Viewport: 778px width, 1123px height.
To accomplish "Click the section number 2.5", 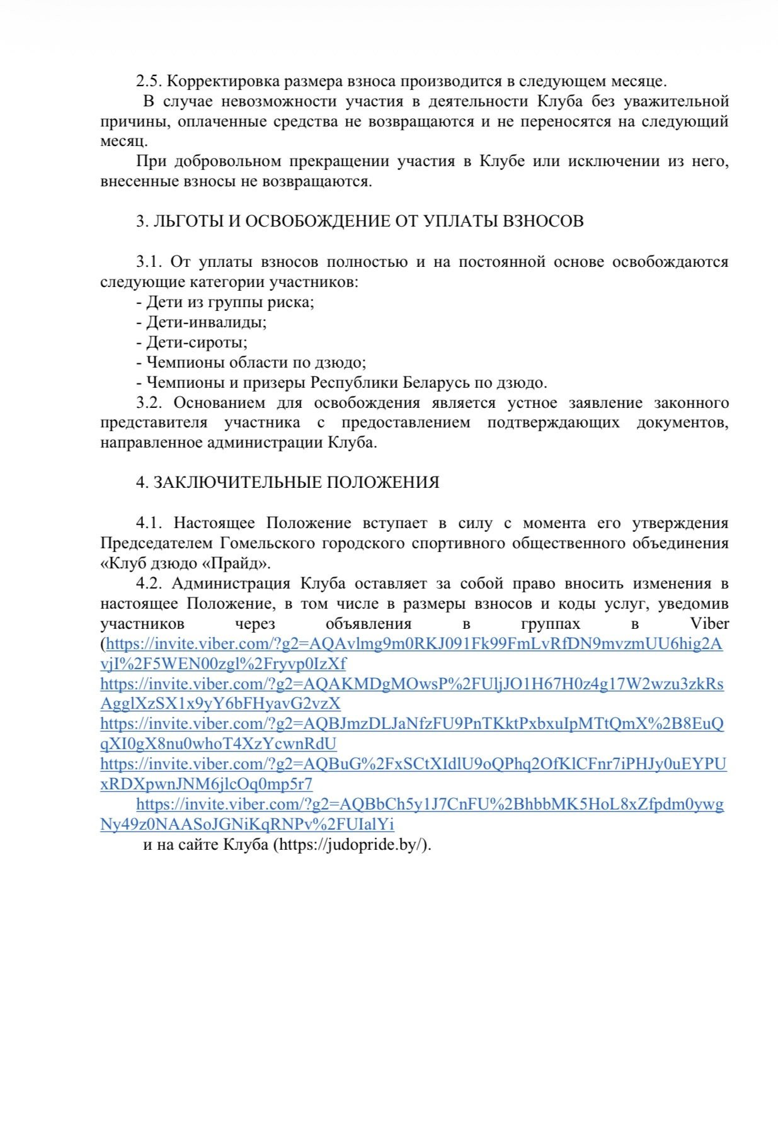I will (149, 81).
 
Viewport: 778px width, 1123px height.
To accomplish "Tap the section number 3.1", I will (149, 262).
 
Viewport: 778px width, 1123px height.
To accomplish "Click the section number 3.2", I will (149, 403).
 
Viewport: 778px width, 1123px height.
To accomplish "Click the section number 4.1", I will (149, 523).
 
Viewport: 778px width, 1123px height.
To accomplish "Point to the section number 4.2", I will (149, 584).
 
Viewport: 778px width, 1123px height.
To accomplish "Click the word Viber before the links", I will (709, 624).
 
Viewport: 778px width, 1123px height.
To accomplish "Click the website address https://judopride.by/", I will (352, 845).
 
